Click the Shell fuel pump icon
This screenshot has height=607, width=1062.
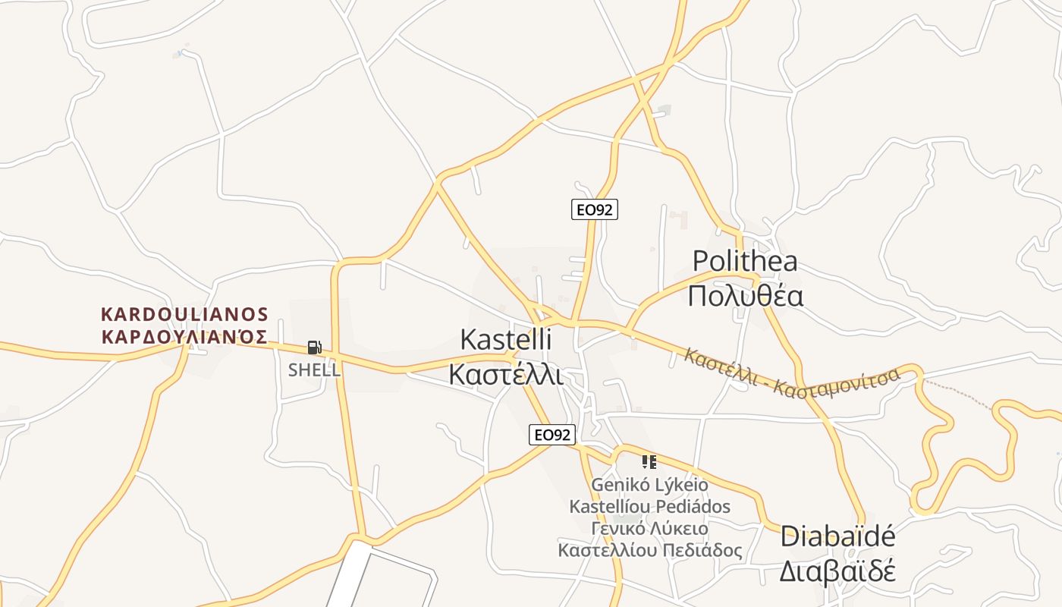[x=314, y=348]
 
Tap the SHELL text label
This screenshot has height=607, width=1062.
[x=314, y=370]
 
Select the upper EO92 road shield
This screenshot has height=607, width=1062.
[x=594, y=209]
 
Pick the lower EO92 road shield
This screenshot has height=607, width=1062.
[x=551, y=435]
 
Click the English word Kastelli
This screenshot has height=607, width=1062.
[x=505, y=339]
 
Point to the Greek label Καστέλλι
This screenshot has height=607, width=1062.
[x=505, y=374]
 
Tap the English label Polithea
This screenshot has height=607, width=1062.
[x=745, y=262]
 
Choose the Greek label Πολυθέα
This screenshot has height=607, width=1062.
[x=745, y=296]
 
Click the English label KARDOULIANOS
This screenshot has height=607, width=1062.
[x=185, y=314]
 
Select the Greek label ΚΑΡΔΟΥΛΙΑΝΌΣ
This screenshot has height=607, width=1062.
[x=185, y=337]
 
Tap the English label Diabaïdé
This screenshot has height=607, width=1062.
[x=837, y=536]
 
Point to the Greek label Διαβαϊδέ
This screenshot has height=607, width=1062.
[x=837, y=571]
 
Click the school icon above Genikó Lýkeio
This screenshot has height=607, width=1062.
[x=649, y=461]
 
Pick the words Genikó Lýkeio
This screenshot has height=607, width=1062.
[x=649, y=484]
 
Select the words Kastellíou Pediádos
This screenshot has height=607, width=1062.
[x=649, y=506]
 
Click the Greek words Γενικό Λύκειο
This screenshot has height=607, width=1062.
[x=649, y=528]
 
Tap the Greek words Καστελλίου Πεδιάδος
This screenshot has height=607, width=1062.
[x=649, y=550]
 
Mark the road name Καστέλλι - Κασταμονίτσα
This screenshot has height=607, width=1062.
[x=791, y=374]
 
